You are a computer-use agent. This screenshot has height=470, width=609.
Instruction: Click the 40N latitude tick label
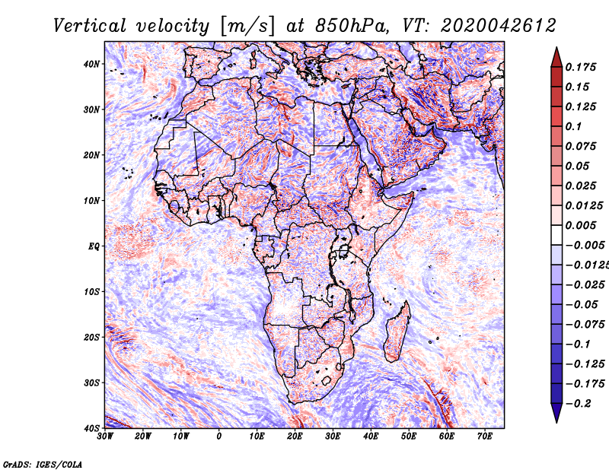pos(91,64)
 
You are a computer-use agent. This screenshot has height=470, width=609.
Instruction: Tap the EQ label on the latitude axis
pos(94,246)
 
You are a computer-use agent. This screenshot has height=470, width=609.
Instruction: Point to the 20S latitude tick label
pos(91,337)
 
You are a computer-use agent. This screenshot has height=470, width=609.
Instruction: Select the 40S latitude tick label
pos(91,428)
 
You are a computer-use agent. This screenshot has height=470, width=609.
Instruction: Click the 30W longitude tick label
pos(105,437)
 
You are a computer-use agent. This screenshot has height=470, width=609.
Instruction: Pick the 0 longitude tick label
pos(219,437)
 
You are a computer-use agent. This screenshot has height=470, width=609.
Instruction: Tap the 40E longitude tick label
pos(371,437)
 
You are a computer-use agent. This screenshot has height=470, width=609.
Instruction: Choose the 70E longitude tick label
pos(485,437)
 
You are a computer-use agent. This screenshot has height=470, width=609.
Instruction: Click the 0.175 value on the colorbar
pos(581,67)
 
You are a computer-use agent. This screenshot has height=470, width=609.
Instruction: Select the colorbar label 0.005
pos(581,225)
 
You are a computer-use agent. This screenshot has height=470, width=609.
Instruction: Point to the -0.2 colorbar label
pos(578,404)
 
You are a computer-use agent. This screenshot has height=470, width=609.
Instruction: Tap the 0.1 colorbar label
pos(574,126)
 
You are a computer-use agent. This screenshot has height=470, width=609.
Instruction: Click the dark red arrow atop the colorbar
pos(556,58)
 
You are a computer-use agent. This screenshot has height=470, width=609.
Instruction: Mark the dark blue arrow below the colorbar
pos(556,413)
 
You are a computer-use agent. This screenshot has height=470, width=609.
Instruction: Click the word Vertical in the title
pos(90,26)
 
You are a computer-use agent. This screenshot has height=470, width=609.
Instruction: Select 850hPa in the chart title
pos(352,26)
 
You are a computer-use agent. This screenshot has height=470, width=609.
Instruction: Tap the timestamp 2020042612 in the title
pos(499,26)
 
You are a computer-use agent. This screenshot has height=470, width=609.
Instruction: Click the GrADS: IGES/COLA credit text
pos(43,464)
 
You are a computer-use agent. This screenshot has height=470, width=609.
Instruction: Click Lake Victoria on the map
pos(343,251)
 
